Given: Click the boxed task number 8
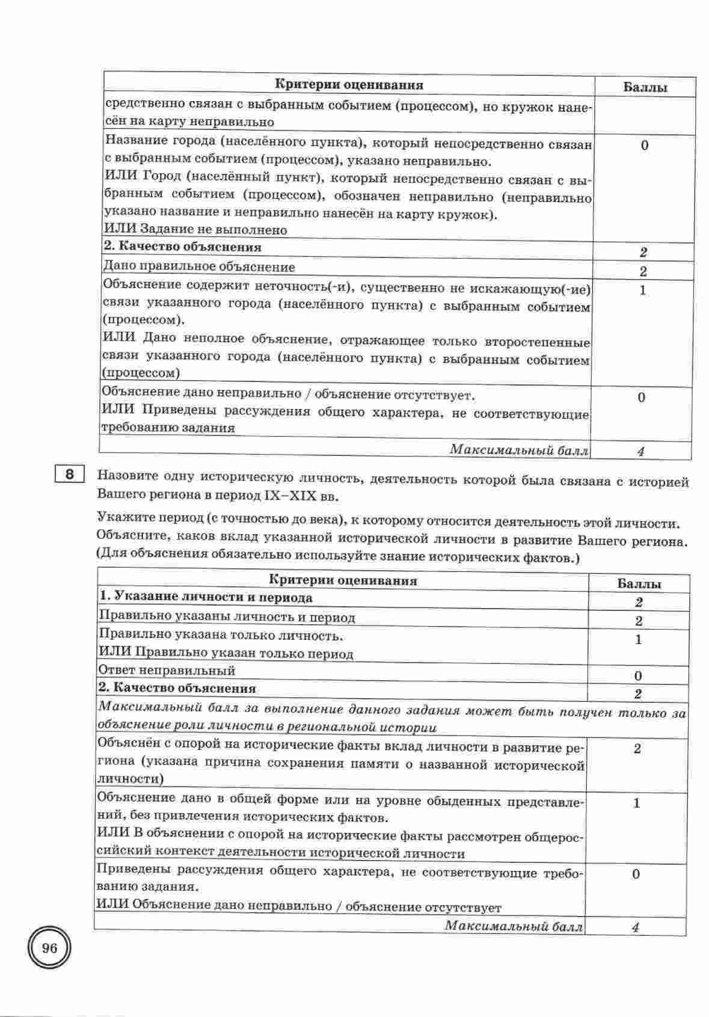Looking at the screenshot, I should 69,475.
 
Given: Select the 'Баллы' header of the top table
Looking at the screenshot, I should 645,88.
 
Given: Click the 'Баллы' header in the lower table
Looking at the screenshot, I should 640,584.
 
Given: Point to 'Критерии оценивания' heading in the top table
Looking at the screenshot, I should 349,85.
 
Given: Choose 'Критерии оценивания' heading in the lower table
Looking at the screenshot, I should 343,580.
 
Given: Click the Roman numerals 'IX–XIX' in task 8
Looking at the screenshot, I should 287,497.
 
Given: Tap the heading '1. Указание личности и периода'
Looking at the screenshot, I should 206,597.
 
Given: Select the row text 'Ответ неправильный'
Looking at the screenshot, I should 167,670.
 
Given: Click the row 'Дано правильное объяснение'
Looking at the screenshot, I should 200,266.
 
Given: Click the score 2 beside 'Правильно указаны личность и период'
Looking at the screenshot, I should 639,621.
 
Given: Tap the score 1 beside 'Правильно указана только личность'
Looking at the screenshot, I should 639,639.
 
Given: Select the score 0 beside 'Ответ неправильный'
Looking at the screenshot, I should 638,676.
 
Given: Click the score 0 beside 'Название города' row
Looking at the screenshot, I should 645,146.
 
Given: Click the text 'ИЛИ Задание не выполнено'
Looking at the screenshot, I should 195,230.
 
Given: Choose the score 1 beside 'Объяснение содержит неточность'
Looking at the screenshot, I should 643,290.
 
